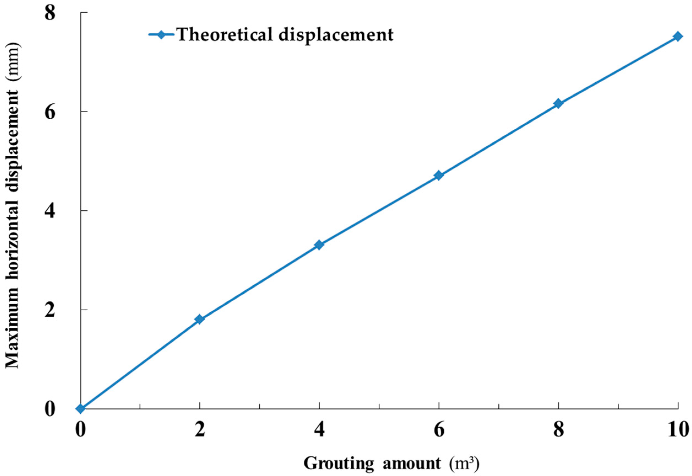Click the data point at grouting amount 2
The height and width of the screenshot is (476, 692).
click(x=199, y=319)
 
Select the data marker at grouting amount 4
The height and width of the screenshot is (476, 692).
click(x=319, y=245)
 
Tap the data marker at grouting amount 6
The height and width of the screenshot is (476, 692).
click(x=439, y=175)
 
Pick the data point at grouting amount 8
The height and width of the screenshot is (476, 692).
click(x=558, y=104)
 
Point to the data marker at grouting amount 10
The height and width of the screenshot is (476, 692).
click(x=678, y=37)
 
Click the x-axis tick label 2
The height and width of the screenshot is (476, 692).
click(x=199, y=431)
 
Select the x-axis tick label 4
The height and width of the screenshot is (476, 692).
click(x=319, y=431)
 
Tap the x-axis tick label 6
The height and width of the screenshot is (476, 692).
click(x=439, y=431)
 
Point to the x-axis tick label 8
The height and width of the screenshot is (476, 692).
click(x=558, y=431)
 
